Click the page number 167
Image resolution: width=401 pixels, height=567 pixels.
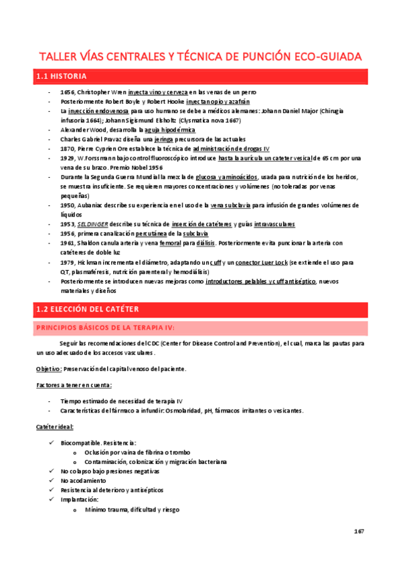tap(358, 532)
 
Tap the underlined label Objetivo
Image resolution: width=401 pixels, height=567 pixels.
tap(49, 369)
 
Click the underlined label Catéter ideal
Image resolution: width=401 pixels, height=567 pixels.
tap(55, 426)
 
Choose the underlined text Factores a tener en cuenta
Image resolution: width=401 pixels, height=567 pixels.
tap(74, 385)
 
